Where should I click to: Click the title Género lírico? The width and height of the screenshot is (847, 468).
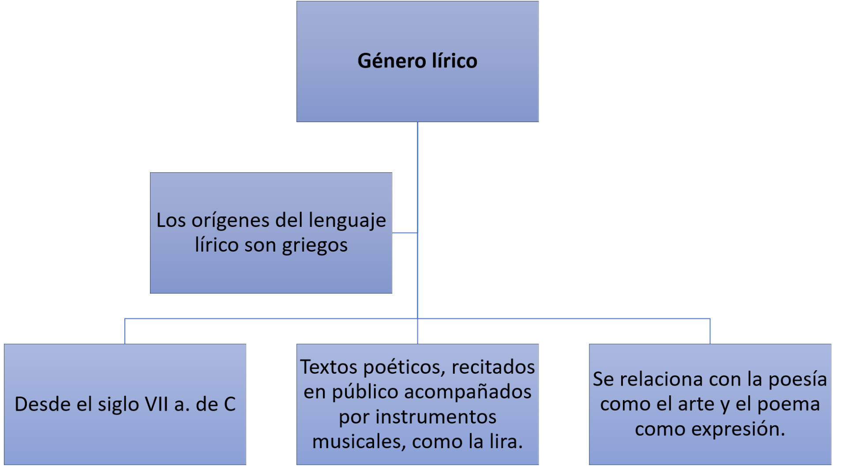417,61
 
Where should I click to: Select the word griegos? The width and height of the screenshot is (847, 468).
315,245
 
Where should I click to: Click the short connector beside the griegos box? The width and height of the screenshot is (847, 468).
405,233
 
